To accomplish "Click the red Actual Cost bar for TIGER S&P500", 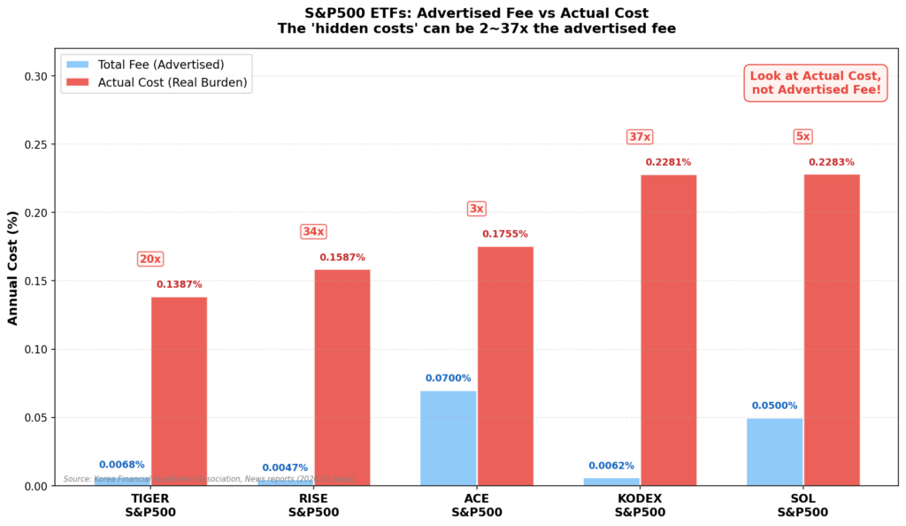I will (179, 391).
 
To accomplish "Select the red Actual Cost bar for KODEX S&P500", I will (668, 329).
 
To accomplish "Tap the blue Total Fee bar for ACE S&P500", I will (449, 437).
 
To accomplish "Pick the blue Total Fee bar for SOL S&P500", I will (774, 452).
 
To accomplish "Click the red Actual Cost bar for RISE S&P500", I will (342, 377).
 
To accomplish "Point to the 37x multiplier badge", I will (640, 137).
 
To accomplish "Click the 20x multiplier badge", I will (150, 259).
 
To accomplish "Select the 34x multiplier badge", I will (313, 232).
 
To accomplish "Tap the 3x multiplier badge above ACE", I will (476, 209).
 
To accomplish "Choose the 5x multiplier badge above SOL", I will (802, 137).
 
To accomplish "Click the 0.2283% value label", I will (831, 162).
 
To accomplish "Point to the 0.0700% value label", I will (449, 378).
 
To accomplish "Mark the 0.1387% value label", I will (179, 284).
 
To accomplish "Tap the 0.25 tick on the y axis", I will (36, 144).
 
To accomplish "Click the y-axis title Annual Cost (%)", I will (13, 267).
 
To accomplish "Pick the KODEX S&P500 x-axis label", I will (640, 505).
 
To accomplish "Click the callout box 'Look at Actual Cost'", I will (815, 82).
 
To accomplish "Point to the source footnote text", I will (208, 479).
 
